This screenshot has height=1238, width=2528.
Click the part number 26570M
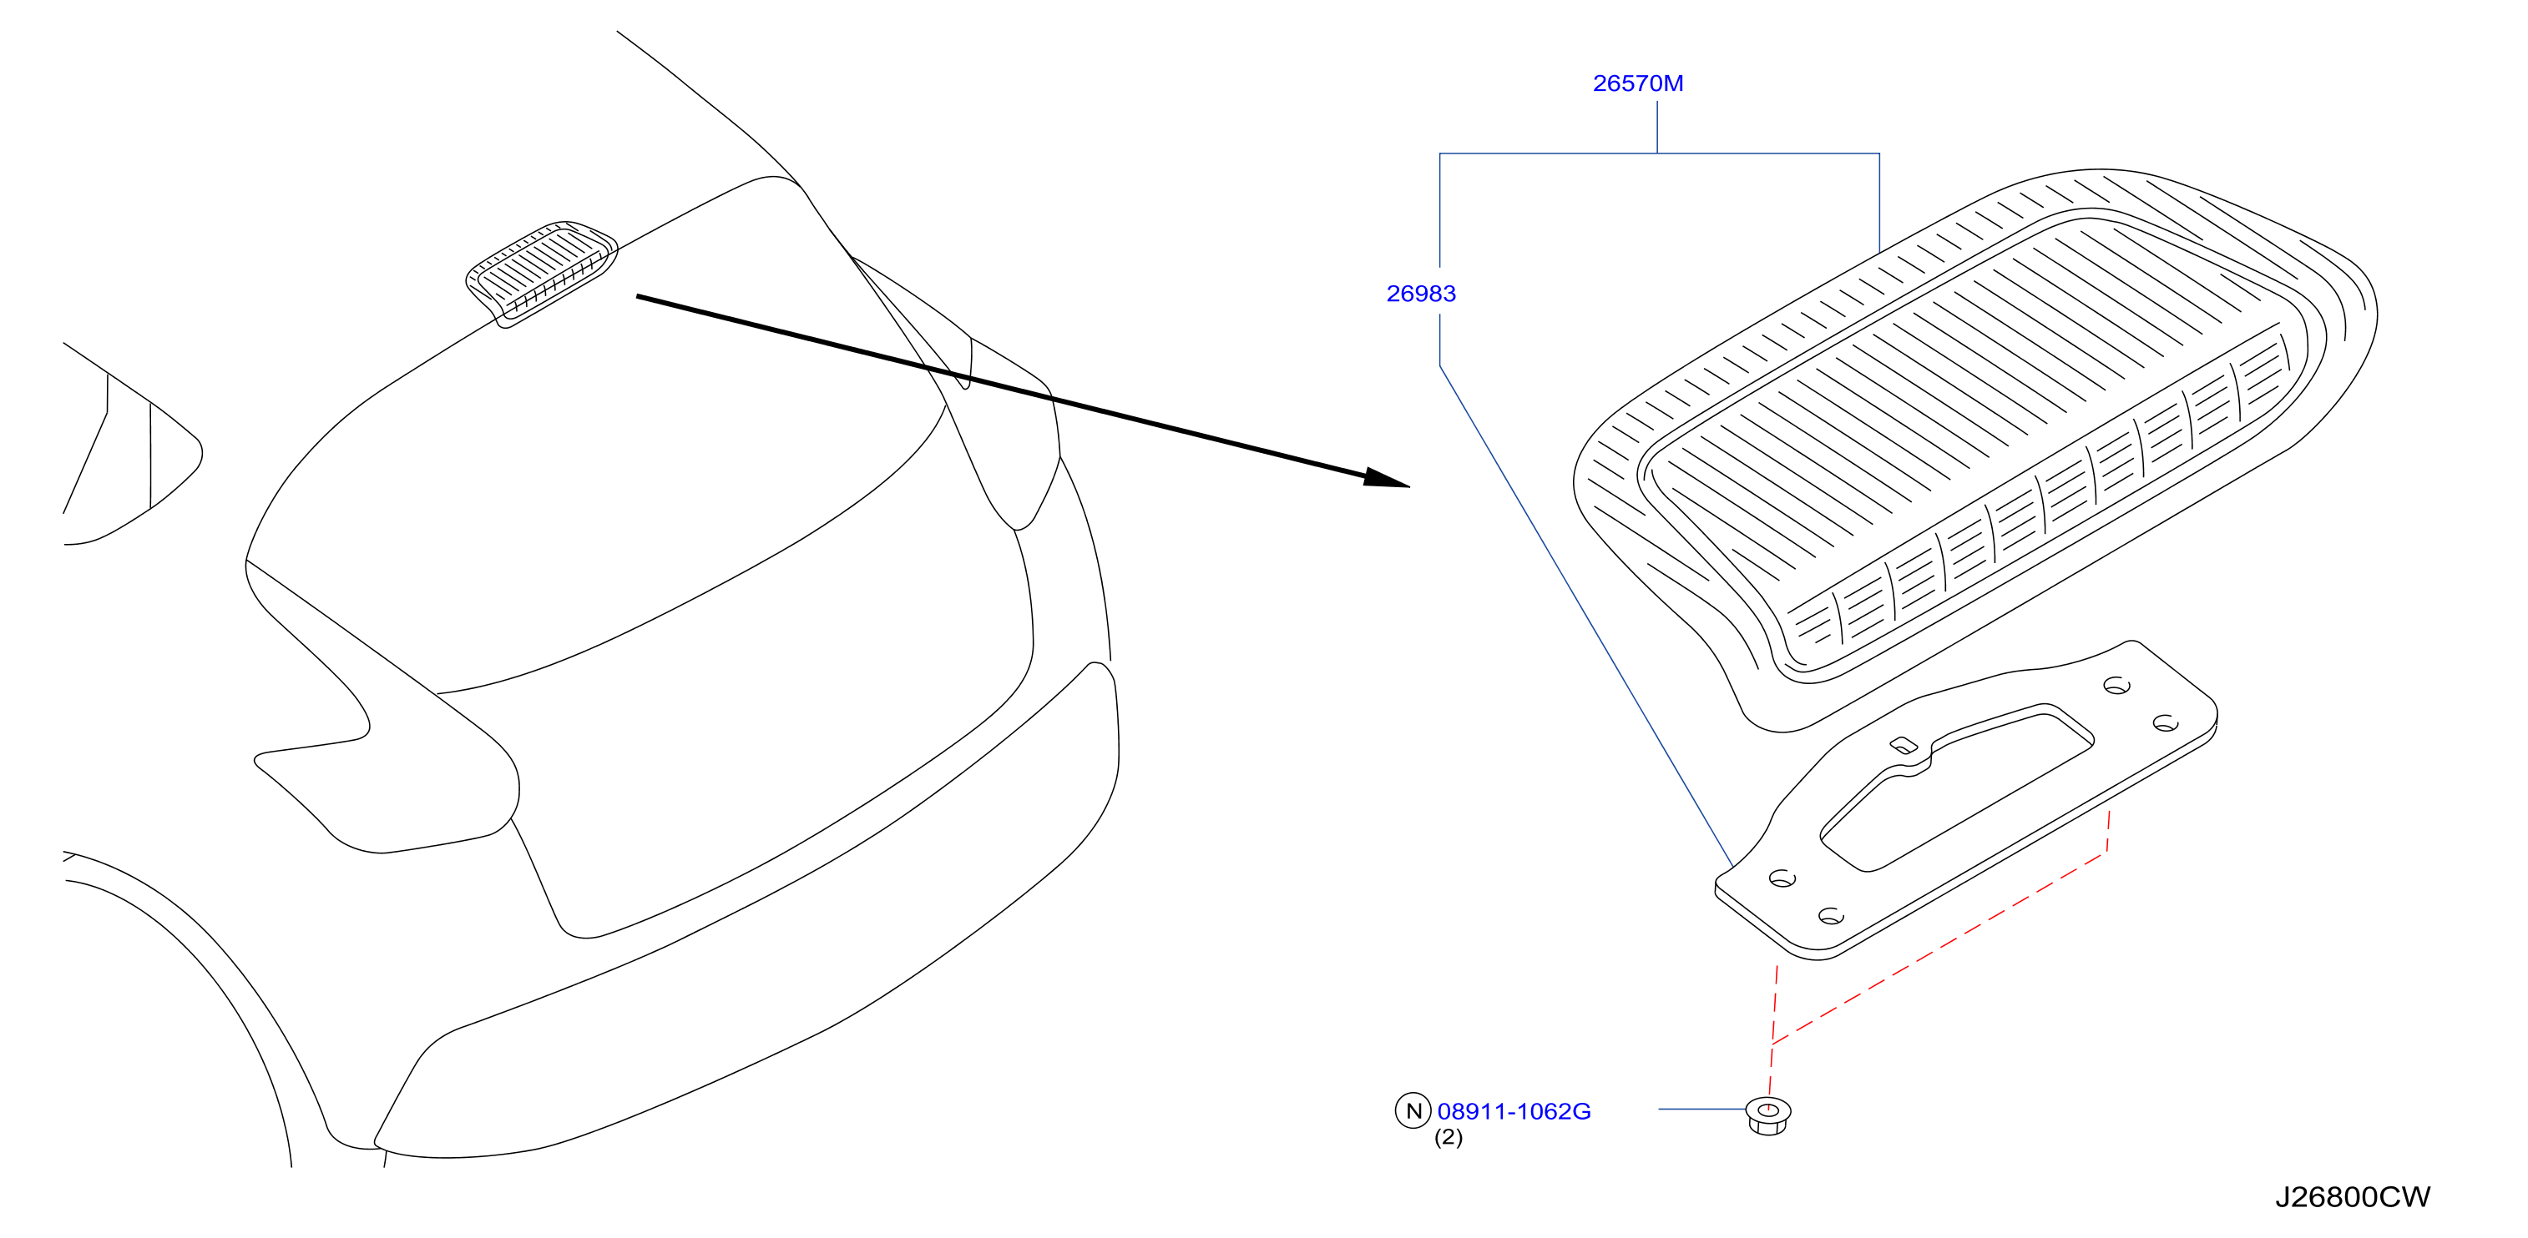pos(1638,83)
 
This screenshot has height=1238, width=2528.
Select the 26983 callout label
pos(1421,294)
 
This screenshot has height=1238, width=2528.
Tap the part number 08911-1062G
pos(1514,1111)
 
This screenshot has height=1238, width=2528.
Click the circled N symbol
pos(1413,1110)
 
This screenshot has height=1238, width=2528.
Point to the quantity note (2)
pos(1449,1138)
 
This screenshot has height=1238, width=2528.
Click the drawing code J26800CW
pos(2353,1198)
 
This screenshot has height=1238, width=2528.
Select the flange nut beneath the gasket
pos(1768,1116)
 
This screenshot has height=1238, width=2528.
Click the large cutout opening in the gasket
pos(1955,785)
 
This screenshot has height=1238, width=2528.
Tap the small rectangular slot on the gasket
pos(1904,746)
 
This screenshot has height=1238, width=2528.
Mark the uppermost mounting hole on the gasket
pos(2116,686)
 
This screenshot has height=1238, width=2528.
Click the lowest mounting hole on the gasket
pos(1831,916)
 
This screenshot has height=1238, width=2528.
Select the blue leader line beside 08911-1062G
pos(1701,1110)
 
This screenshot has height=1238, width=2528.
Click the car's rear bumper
pos(746,913)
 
